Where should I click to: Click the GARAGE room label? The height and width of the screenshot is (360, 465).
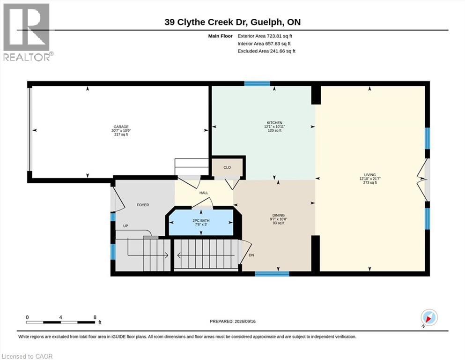click(121, 127)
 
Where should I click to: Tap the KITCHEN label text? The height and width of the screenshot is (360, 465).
click(274, 122)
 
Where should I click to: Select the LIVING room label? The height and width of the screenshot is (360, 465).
click(370, 175)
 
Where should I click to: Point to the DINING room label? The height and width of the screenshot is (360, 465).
click(279, 215)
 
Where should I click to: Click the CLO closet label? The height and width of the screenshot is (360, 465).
click(227, 167)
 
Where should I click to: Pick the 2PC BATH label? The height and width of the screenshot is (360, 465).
click(201, 220)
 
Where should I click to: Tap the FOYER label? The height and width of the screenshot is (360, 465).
click(143, 205)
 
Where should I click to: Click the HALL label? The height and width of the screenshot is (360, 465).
click(204, 193)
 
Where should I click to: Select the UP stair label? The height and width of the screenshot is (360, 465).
click(126, 226)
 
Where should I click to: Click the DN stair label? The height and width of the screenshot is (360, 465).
click(251, 255)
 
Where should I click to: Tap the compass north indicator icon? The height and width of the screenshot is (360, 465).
click(429, 318)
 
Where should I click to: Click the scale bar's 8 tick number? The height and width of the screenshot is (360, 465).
click(95, 317)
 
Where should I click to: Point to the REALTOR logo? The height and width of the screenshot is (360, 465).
click(28, 32)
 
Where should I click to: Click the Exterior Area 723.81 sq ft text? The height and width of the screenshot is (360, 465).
click(265, 36)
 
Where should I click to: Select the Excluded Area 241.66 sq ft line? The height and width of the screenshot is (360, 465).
click(266, 51)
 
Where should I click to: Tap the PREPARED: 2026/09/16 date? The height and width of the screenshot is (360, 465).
click(232, 322)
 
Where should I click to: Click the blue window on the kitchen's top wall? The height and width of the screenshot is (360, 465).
click(257, 83)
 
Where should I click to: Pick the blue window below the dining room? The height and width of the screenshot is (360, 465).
click(272, 274)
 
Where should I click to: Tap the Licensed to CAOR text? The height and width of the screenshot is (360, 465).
click(27, 356)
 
